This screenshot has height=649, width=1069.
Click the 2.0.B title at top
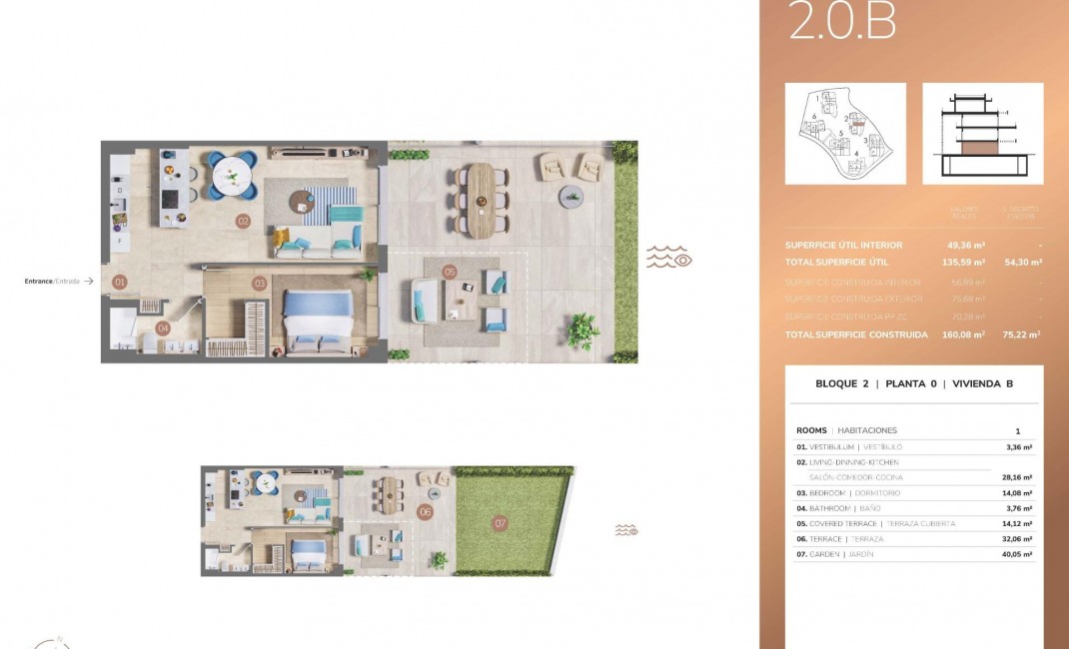[841, 22]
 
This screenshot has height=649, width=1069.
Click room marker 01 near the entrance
[120, 283]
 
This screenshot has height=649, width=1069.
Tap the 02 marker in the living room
[242, 221]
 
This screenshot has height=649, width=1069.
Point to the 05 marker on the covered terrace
[450, 272]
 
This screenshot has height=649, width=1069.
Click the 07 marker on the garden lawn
[501, 522]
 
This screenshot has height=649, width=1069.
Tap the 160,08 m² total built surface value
[963, 335]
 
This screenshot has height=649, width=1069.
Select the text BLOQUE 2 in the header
[843, 383]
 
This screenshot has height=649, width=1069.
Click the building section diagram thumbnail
[982, 133]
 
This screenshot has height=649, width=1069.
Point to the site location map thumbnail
[845, 133]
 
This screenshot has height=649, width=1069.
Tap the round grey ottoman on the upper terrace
[570, 195]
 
